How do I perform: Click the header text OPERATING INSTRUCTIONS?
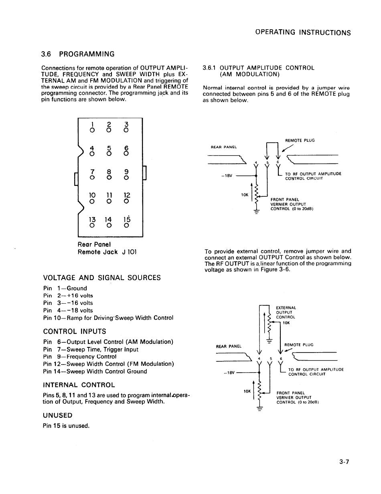pyautogui.click(x=303, y=33)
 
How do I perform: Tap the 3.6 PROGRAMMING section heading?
pyautogui.click(x=78, y=54)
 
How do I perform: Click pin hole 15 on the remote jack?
pyautogui.click(x=126, y=225)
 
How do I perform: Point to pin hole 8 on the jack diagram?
pyautogui.click(x=109, y=177)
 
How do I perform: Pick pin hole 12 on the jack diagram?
pyautogui.click(x=126, y=201)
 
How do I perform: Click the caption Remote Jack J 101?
pyautogui.click(x=107, y=252)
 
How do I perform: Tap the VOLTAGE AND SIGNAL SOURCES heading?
pyautogui.click(x=102, y=277)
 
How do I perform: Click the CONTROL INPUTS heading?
pyautogui.click(x=75, y=331)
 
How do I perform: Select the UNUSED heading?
pyautogui.click(x=57, y=415)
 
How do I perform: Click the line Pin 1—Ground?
pyautogui.click(x=65, y=288)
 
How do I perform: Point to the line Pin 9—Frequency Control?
pyautogui.click(x=80, y=357)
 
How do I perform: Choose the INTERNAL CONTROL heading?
pyautogui.click(x=79, y=385)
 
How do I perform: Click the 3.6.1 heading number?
pyautogui.click(x=210, y=68)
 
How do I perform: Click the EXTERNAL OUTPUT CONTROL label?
pyautogui.click(x=286, y=313)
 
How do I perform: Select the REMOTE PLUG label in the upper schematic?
pyautogui.click(x=300, y=141)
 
